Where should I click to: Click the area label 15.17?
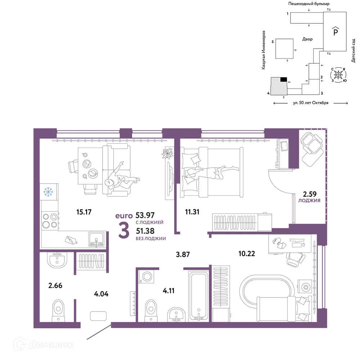(x=84, y=212)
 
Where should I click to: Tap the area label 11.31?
(x=192, y=212)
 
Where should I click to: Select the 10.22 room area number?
(x=247, y=253)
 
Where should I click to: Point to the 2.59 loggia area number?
(x=310, y=194)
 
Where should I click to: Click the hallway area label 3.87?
(x=183, y=255)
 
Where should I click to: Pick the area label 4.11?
(x=168, y=291)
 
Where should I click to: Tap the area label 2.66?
(x=55, y=285)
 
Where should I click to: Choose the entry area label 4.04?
(x=101, y=294)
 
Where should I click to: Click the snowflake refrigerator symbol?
(x=48, y=192)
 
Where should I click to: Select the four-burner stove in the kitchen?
(x=50, y=221)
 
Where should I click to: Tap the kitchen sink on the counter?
(x=96, y=239)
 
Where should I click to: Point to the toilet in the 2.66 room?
(x=58, y=310)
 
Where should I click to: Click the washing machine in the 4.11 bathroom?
(x=146, y=276)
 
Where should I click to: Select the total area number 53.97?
(x=145, y=215)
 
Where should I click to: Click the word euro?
(x=124, y=216)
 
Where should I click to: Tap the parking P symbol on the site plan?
(x=336, y=31)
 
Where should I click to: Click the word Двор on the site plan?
(x=307, y=39)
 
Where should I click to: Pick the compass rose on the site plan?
(x=338, y=75)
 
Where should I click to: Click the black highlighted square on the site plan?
(x=284, y=80)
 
